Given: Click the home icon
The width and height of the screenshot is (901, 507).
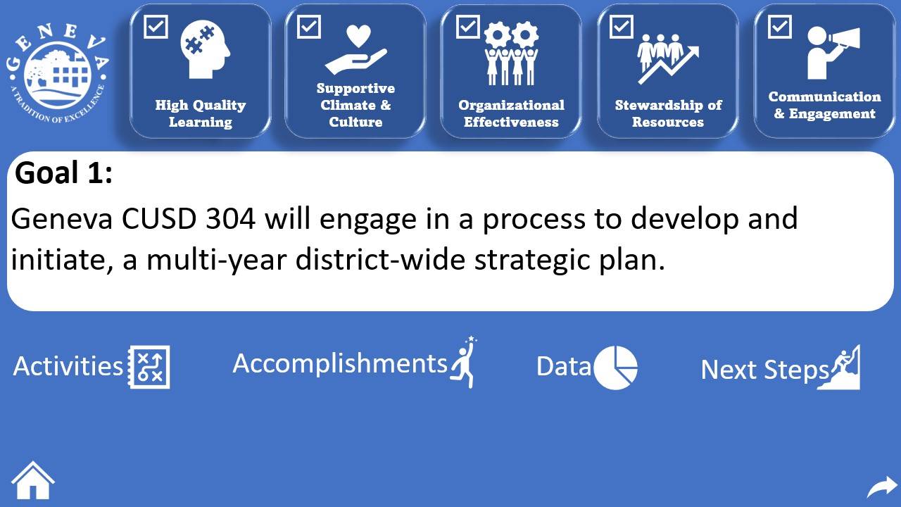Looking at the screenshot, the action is (x=33, y=480).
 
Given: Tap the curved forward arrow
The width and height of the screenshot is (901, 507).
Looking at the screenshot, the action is (x=883, y=487).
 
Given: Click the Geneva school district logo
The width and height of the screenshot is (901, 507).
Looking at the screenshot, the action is (x=58, y=73).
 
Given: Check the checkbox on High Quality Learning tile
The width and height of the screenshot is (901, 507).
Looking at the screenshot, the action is (x=156, y=27).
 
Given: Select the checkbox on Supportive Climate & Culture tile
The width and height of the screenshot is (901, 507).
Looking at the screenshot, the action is (x=309, y=27).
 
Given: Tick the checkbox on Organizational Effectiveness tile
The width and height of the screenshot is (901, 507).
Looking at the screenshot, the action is (x=468, y=27).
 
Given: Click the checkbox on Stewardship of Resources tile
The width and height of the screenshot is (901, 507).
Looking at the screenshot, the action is (x=622, y=27).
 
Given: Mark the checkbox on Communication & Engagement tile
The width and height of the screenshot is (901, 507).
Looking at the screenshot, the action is (x=779, y=27).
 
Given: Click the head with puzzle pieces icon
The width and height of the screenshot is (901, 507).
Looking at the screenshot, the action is (x=205, y=49).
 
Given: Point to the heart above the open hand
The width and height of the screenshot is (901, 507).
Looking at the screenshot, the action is (x=358, y=36).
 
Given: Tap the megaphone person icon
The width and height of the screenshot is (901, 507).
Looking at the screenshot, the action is (x=833, y=53).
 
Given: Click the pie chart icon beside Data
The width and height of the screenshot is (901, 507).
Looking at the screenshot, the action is (x=616, y=368).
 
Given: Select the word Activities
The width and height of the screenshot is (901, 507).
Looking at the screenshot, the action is (x=68, y=366).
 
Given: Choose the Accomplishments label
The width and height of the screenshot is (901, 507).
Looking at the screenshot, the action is (x=340, y=364).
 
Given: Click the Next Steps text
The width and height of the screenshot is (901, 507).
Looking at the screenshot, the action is (x=764, y=370).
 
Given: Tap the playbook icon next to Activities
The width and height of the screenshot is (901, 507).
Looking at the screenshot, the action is (x=149, y=367).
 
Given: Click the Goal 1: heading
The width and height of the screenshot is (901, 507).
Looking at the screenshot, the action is (x=63, y=173).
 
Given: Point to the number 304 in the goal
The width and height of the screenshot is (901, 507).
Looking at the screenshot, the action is (x=230, y=218).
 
